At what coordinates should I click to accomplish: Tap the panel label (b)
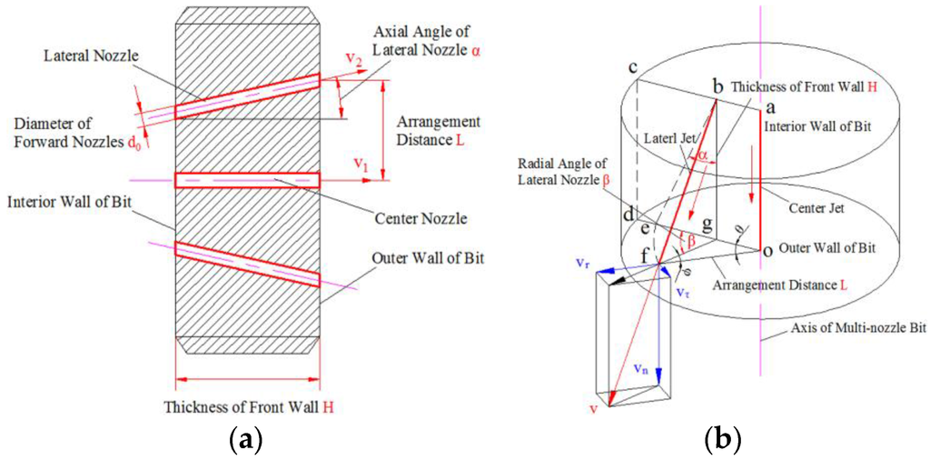click(723, 442)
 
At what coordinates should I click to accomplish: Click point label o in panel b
click(767, 249)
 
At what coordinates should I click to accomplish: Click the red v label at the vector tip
click(593, 408)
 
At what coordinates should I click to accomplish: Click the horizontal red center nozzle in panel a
click(247, 180)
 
